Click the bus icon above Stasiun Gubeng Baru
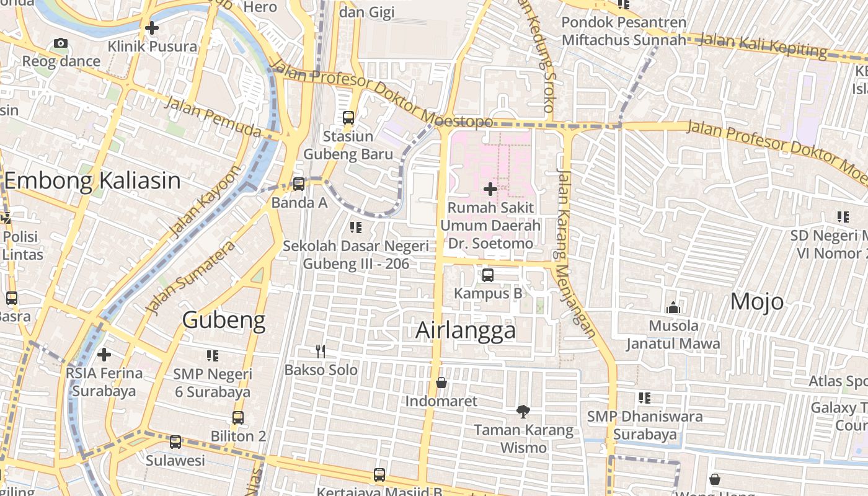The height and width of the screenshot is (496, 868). tap(348, 117)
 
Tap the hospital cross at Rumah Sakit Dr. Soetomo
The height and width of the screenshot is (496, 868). tap(490, 188)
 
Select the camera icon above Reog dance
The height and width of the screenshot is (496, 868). tap(60, 43)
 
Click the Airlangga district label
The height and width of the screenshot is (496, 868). tap(465, 330)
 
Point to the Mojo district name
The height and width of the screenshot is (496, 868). tap(756, 302)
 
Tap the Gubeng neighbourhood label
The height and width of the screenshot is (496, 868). tap(224, 321)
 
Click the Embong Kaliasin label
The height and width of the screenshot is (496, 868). tap(92, 181)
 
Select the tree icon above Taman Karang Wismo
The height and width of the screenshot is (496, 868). tap(523, 410)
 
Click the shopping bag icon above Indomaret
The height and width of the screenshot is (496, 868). tap(441, 383)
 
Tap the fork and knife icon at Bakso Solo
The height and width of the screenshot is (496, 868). tap(321, 352)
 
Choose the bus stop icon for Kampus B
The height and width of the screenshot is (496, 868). tap(488, 275)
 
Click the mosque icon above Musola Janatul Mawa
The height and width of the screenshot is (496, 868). tap(673, 307)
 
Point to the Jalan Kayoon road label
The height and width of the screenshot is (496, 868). tap(203, 201)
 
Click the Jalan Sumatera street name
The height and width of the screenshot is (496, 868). tap(190, 277)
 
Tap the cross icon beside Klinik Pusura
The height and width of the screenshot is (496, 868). tap(151, 28)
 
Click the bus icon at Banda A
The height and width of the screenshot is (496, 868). tap(299, 184)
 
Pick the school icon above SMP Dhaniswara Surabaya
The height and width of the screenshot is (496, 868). tap(645, 397)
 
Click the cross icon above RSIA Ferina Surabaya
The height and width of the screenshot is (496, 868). tap(104, 355)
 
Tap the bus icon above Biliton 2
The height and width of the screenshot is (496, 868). tap(238, 417)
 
